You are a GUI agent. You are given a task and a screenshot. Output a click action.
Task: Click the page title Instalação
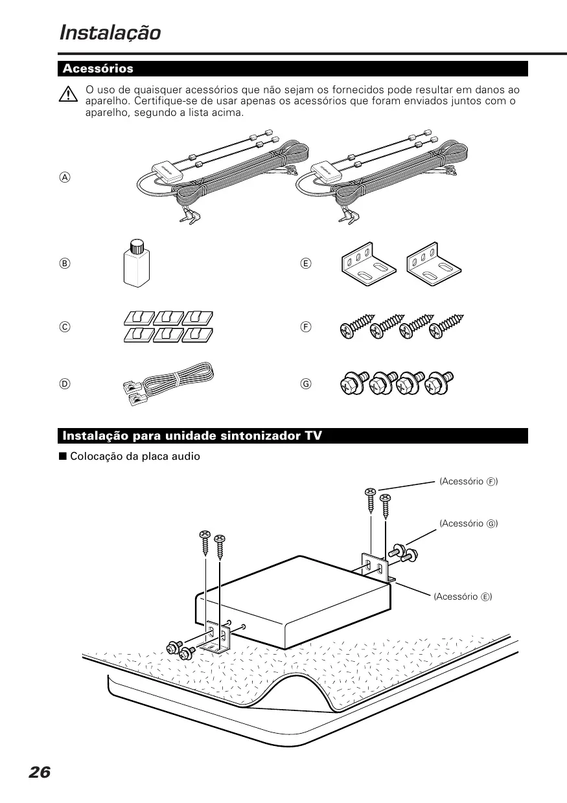[x=110, y=32]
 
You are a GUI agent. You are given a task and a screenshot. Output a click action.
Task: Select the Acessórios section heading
[x=98, y=69]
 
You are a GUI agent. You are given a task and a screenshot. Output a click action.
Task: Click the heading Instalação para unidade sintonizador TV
[x=192, y=436]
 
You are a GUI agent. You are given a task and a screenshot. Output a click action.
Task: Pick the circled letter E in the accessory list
[x=307, y=264]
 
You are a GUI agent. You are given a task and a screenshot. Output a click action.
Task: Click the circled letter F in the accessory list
[x=307, y=327]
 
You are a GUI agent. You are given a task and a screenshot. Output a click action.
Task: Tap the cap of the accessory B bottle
[x=135, y=246]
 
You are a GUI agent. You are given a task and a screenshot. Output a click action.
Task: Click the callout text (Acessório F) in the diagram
[x=469, y=481]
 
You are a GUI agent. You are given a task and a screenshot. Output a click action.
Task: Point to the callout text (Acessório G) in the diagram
[x=469, y=523]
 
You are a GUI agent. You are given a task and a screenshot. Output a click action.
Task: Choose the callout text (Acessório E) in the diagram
[x=463, y=596]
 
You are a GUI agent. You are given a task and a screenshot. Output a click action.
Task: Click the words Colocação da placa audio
[x=135, y=457]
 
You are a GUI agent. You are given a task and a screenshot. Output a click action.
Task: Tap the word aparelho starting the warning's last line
[x=106, y=112]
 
